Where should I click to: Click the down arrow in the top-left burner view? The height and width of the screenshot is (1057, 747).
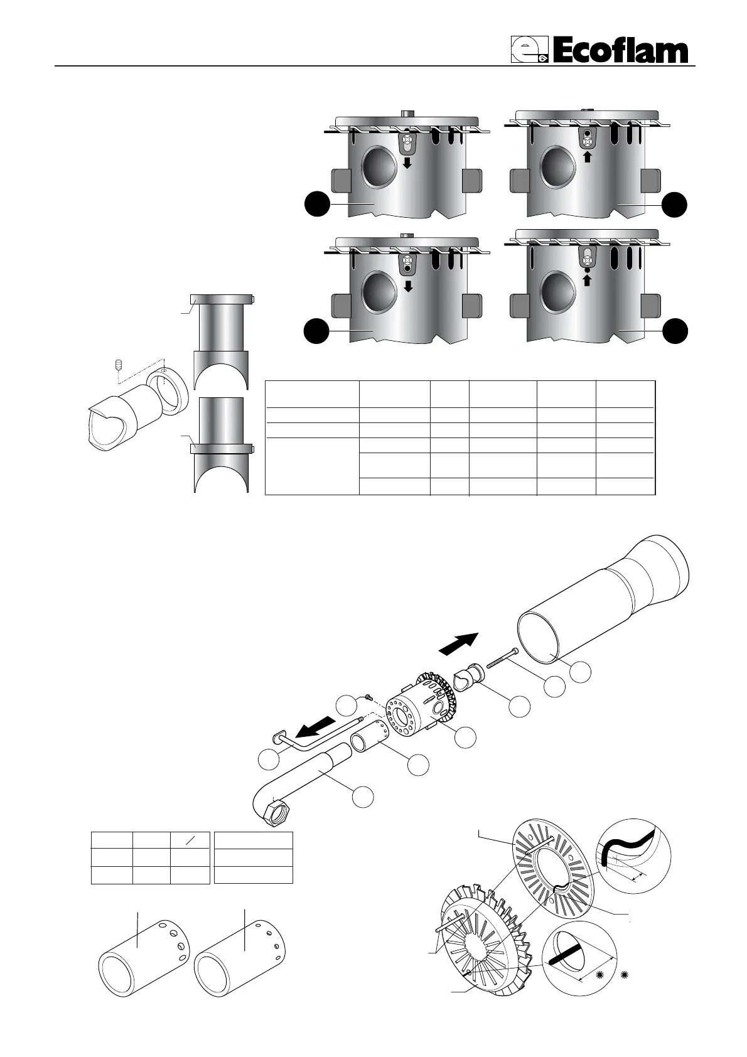coord(407,163)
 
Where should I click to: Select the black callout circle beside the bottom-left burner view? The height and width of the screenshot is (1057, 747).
coord(317,331)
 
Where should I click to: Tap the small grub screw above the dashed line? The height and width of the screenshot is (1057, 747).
coord(117,365)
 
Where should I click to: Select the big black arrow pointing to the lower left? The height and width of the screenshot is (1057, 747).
coord(318,729)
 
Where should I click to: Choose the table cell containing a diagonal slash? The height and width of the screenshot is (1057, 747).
coord(190,840)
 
